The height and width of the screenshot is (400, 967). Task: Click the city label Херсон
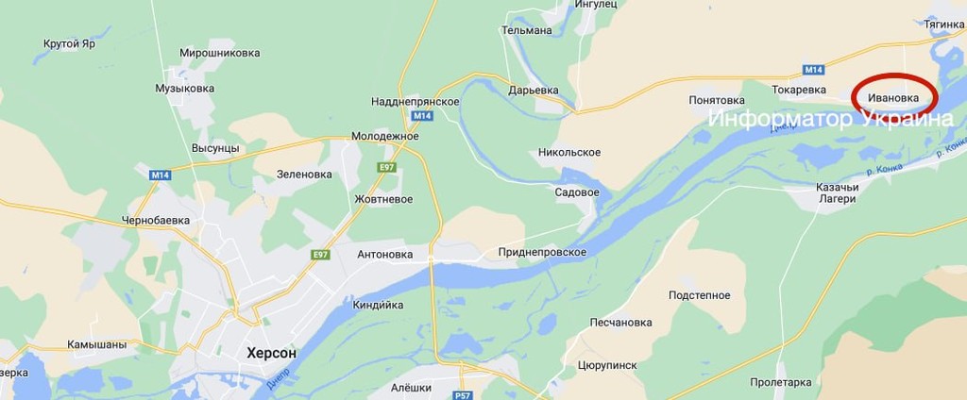[270, 353]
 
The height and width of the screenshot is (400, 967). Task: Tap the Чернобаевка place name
[156, 220]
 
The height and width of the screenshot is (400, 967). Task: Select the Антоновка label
[385, 255]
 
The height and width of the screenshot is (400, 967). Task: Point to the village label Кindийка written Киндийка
[378, 305]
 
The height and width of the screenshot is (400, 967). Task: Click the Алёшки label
[411, 388]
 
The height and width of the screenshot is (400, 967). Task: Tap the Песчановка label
[620, 323]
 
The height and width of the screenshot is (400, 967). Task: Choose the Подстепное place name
[700, 295]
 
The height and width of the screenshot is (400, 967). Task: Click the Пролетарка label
[780, 382]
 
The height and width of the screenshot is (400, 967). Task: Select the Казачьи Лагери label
[836, 192]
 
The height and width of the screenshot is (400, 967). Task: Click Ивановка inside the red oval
[893, 97]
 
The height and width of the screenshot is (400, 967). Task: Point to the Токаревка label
[799, 90]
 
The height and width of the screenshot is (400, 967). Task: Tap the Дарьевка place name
[534, 91]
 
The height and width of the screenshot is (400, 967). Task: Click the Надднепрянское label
[416, 101]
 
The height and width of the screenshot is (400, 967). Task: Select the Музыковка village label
[186, 88]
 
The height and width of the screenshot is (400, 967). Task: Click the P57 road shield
[462, 395]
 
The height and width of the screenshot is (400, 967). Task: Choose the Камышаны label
[96, 344]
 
